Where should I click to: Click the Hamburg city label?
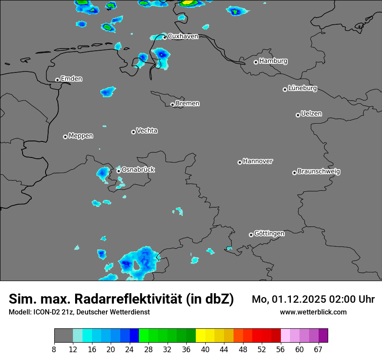click(273, 61)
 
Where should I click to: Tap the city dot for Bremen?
click(172, 105)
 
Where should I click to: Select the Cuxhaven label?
click(183, 36)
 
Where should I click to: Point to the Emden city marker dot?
click(57, 80)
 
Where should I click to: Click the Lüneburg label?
click(302, 88)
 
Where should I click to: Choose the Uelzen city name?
click(311, 114)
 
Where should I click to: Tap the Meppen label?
click(81, 136)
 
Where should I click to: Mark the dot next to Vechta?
click(133, 132)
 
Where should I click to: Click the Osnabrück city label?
click(138, 170)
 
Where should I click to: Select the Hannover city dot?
click(240, 162)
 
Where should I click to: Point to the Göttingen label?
click(269, 234)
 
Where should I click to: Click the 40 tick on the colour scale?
click(205, 349)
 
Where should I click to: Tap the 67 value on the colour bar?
click(318, 349)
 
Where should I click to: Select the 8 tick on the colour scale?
click(54, 349)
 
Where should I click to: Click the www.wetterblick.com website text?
click(313, 312)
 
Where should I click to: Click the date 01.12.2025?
click(293, 299)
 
